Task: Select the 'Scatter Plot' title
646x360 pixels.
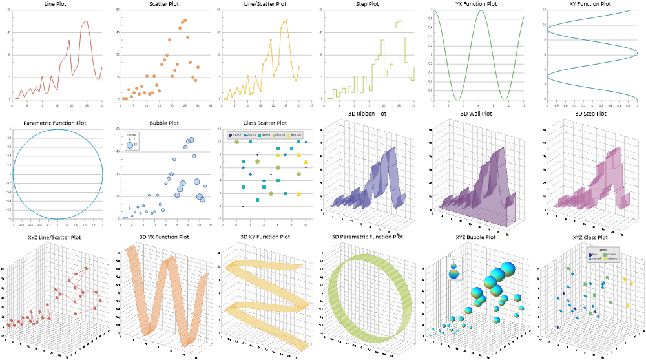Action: [159, 4]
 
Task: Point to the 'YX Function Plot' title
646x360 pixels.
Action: [479, 4]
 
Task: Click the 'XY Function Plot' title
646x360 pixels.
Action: [587, 4]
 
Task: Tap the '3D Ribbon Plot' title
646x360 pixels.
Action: [366, 114]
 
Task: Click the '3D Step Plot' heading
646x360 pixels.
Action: [590, 114]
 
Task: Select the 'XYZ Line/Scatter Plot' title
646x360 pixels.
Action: [54, 237]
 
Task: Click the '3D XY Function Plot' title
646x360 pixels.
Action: [265, 237]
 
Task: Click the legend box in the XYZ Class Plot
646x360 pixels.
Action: [602, 256]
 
